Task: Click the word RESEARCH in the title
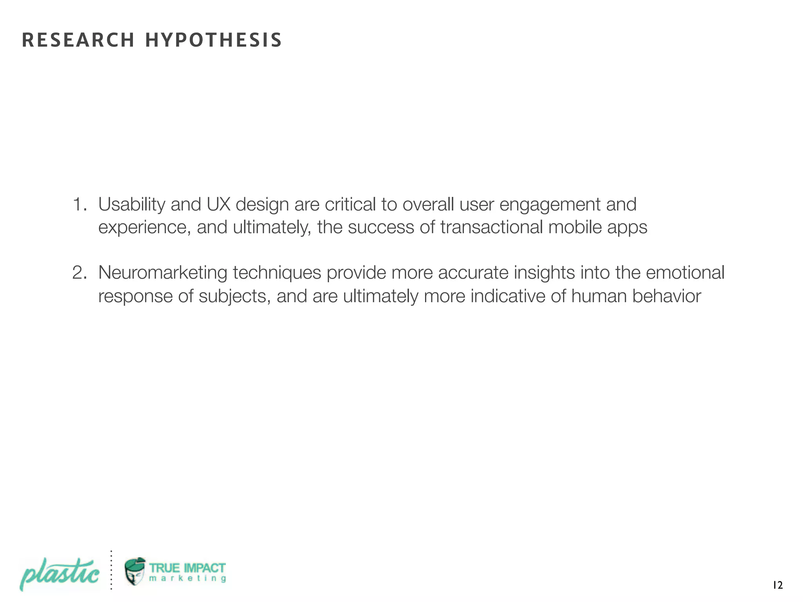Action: (78, 40)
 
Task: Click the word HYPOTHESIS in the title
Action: (213, 40)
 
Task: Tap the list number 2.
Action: (80, 273)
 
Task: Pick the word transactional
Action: (491, 227)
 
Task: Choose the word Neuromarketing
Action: (163, 273)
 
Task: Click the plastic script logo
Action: (59, 574)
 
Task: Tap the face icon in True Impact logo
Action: (135, 571)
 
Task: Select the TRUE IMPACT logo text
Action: (187, 568)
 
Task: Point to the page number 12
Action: (778, 586)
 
